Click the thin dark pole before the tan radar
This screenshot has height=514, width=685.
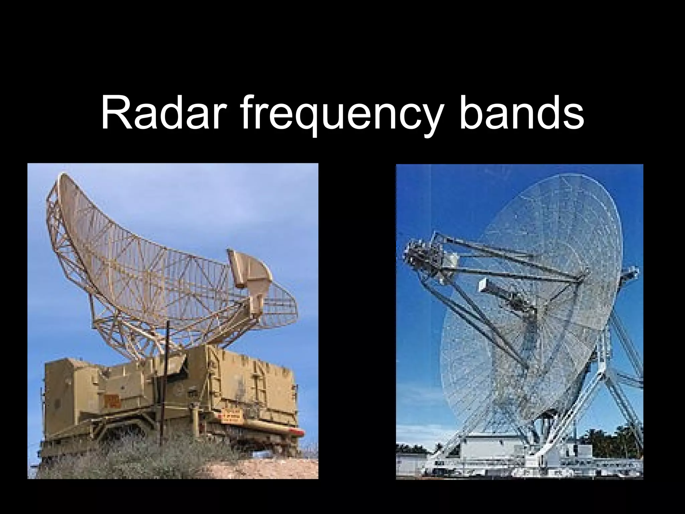coord(167,385)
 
